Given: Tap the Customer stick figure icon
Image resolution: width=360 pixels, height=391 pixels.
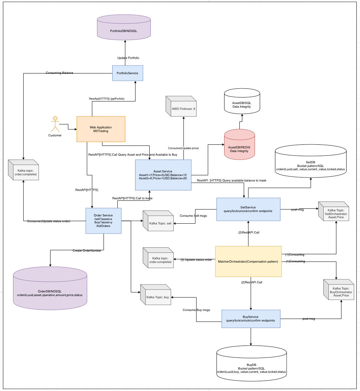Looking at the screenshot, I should coord(55,124).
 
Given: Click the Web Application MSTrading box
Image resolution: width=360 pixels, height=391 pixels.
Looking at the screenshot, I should coord(101,129).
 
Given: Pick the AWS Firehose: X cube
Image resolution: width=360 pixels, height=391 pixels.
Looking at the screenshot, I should coord(181,107).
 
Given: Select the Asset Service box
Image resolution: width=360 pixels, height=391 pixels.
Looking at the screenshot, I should coord(163,175).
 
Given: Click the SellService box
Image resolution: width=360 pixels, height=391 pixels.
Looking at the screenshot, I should coord(248,209).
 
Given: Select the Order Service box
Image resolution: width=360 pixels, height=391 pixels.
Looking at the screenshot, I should coord(104,220).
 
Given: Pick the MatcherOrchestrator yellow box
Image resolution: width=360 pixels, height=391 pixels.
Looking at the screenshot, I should coord(248,262).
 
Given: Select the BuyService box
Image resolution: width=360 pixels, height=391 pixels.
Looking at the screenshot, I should coord(251,318).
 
